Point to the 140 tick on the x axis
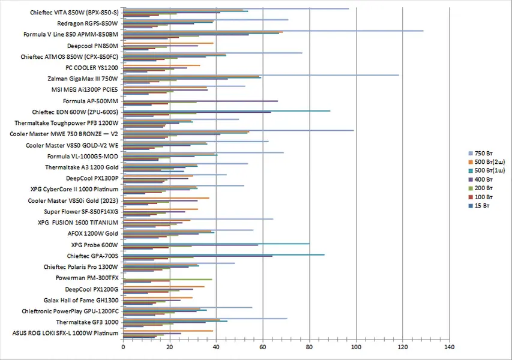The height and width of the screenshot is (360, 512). [449, 347]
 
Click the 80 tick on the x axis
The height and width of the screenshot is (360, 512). [310, 347]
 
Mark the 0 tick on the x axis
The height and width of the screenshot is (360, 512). [123, 347]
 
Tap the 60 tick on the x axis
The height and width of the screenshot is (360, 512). [263, 347]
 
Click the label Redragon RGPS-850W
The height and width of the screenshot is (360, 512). [88, 23]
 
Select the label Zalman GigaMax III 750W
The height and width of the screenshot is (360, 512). [83, 79]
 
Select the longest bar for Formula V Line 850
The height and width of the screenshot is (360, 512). [273, 31]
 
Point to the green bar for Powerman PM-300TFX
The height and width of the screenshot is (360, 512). [167, 280]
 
